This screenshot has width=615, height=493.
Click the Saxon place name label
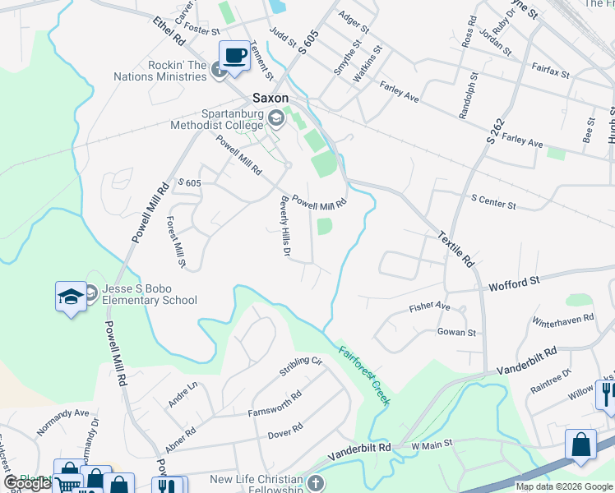click(269, 95)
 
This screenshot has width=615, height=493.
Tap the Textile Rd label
click(457, 246)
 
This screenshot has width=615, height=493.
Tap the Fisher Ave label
click(430, 307)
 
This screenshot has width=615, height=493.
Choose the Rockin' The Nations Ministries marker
click(219, 71)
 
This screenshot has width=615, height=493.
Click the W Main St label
click(432, 445)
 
